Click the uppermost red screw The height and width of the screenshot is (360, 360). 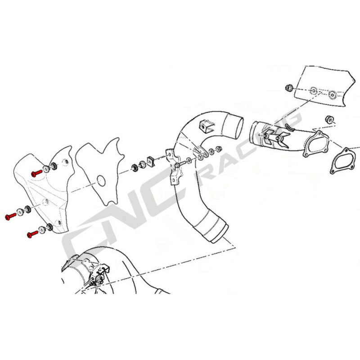[36, 173]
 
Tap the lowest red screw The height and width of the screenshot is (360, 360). [32, 234]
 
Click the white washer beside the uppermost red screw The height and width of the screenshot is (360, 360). [46, 170]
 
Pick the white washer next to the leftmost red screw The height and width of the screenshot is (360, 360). [20, 212]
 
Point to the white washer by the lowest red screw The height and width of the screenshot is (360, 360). [43, 229]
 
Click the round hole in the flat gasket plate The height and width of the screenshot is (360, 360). [100, 181]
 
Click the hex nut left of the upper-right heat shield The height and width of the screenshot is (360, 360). [290, 87]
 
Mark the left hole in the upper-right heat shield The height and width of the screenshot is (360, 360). [314, 91]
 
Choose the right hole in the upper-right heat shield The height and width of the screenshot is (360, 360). [332, 95]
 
